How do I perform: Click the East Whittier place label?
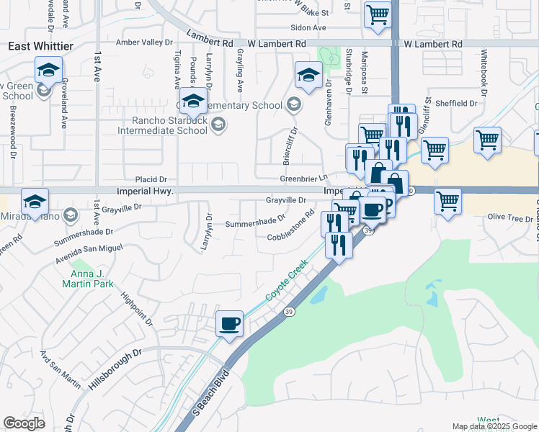click(40, 46)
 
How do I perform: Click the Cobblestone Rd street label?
click(291, 225)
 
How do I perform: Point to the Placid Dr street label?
click(151, 179)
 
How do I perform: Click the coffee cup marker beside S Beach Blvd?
click(230, 323)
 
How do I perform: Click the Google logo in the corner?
click(24, 423)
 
